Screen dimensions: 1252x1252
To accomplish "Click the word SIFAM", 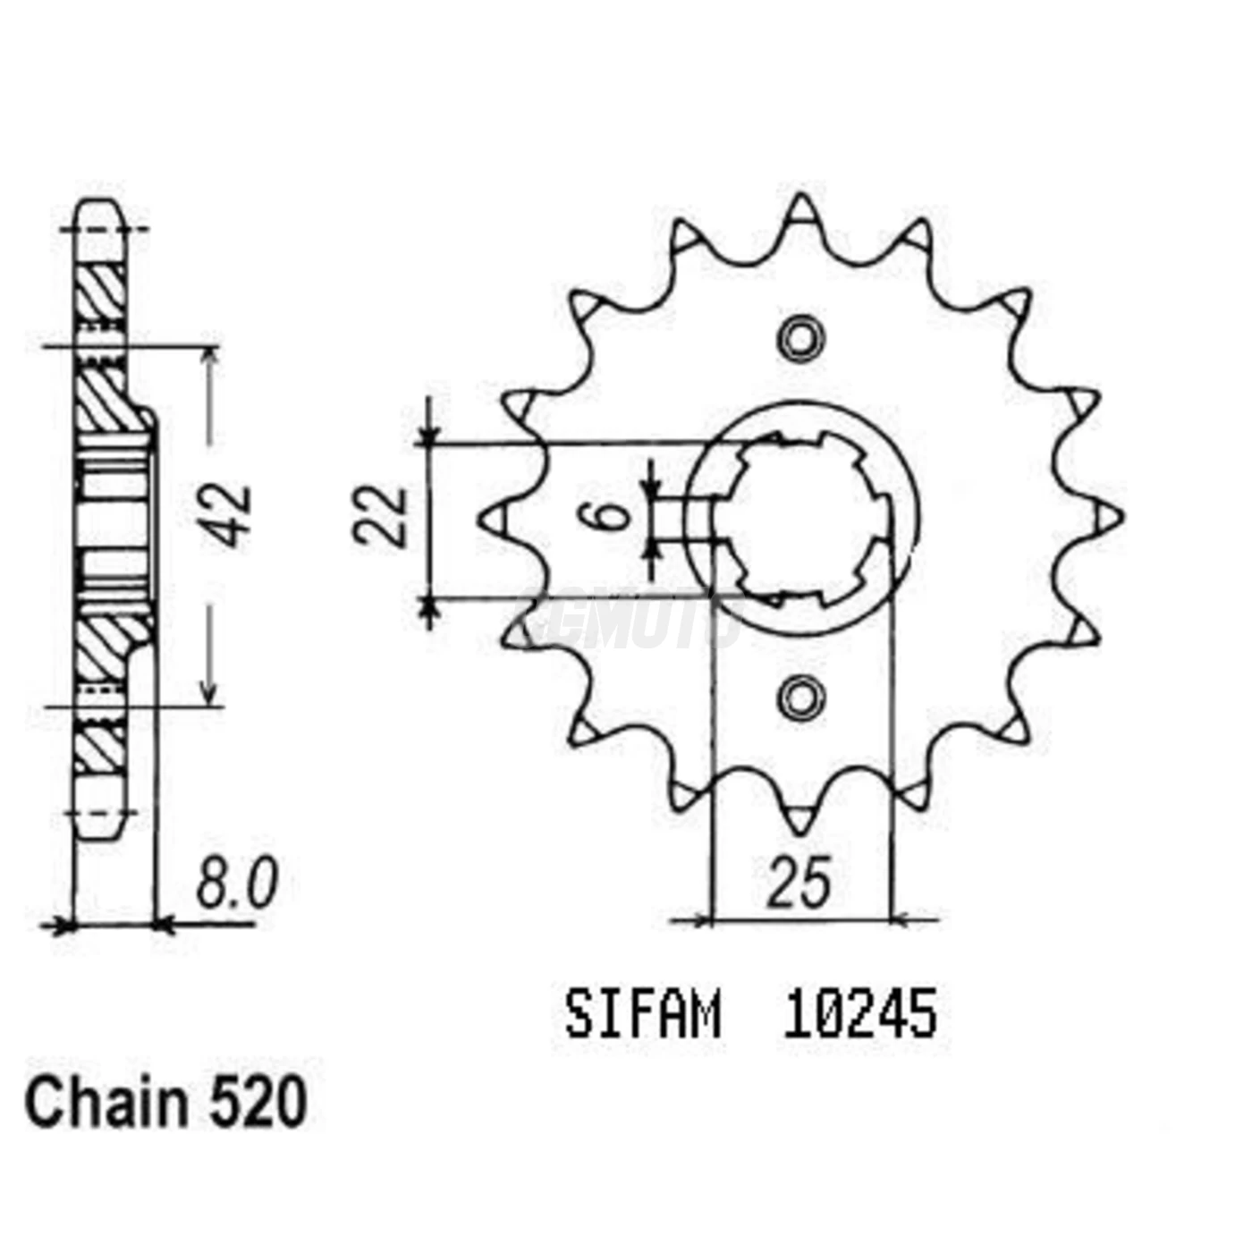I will click(642, 1015).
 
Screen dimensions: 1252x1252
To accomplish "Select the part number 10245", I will click(859, 1015).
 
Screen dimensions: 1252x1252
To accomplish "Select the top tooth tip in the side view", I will click(99, 215).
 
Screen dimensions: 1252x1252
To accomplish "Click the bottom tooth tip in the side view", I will click(99, 823).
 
